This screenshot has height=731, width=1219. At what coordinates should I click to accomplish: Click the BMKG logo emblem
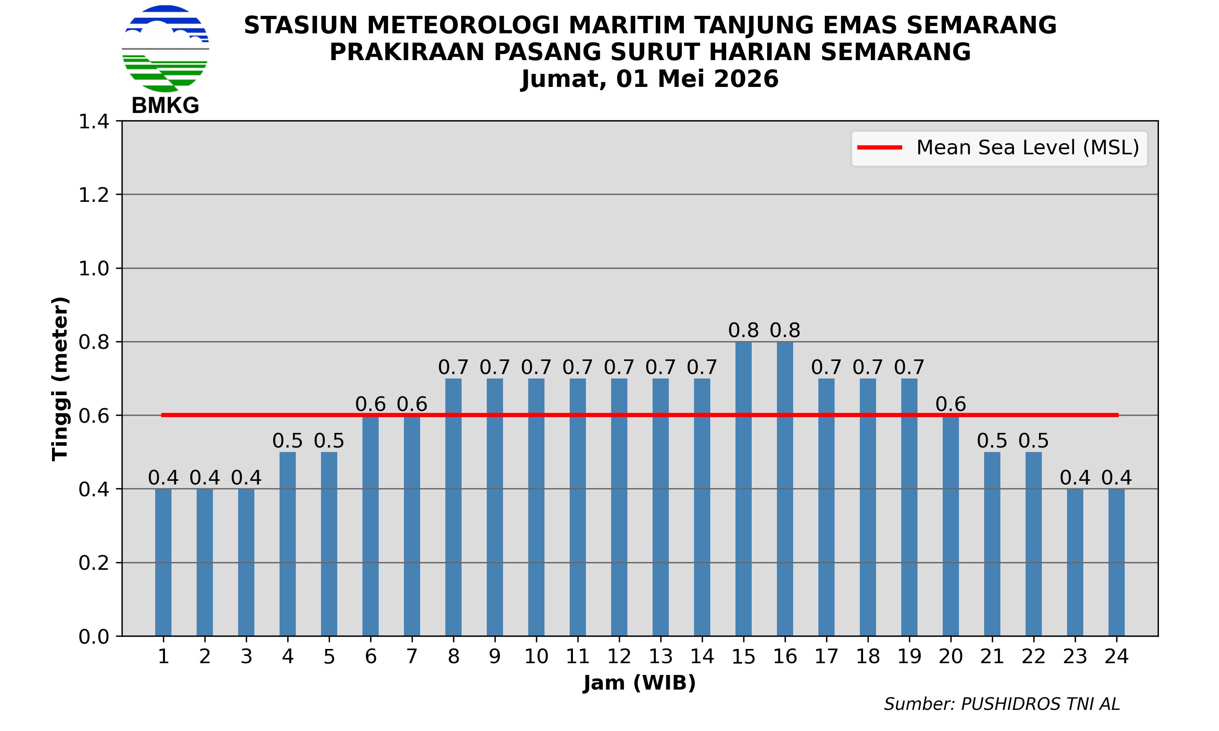[165, 48]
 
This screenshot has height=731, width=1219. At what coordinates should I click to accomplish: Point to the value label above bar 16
[785, 330]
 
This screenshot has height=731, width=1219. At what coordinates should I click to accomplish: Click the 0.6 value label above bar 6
[371, 404]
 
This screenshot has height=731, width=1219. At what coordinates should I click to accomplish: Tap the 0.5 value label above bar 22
[1033, 441]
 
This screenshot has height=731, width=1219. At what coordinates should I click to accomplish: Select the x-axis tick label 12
[619, 657]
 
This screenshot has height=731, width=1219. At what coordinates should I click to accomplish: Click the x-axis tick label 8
[453, 657]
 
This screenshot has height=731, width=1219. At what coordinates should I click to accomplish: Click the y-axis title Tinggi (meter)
[60, 378]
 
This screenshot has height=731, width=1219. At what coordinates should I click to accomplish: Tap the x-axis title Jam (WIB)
[639, 683]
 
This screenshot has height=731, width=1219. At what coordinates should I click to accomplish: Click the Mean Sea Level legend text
[1027, 148]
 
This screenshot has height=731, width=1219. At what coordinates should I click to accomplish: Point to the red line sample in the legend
[880, 148]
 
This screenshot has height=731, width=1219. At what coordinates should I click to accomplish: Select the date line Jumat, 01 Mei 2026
[650, 79]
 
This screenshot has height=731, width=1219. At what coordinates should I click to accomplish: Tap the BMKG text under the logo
[165, 106]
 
